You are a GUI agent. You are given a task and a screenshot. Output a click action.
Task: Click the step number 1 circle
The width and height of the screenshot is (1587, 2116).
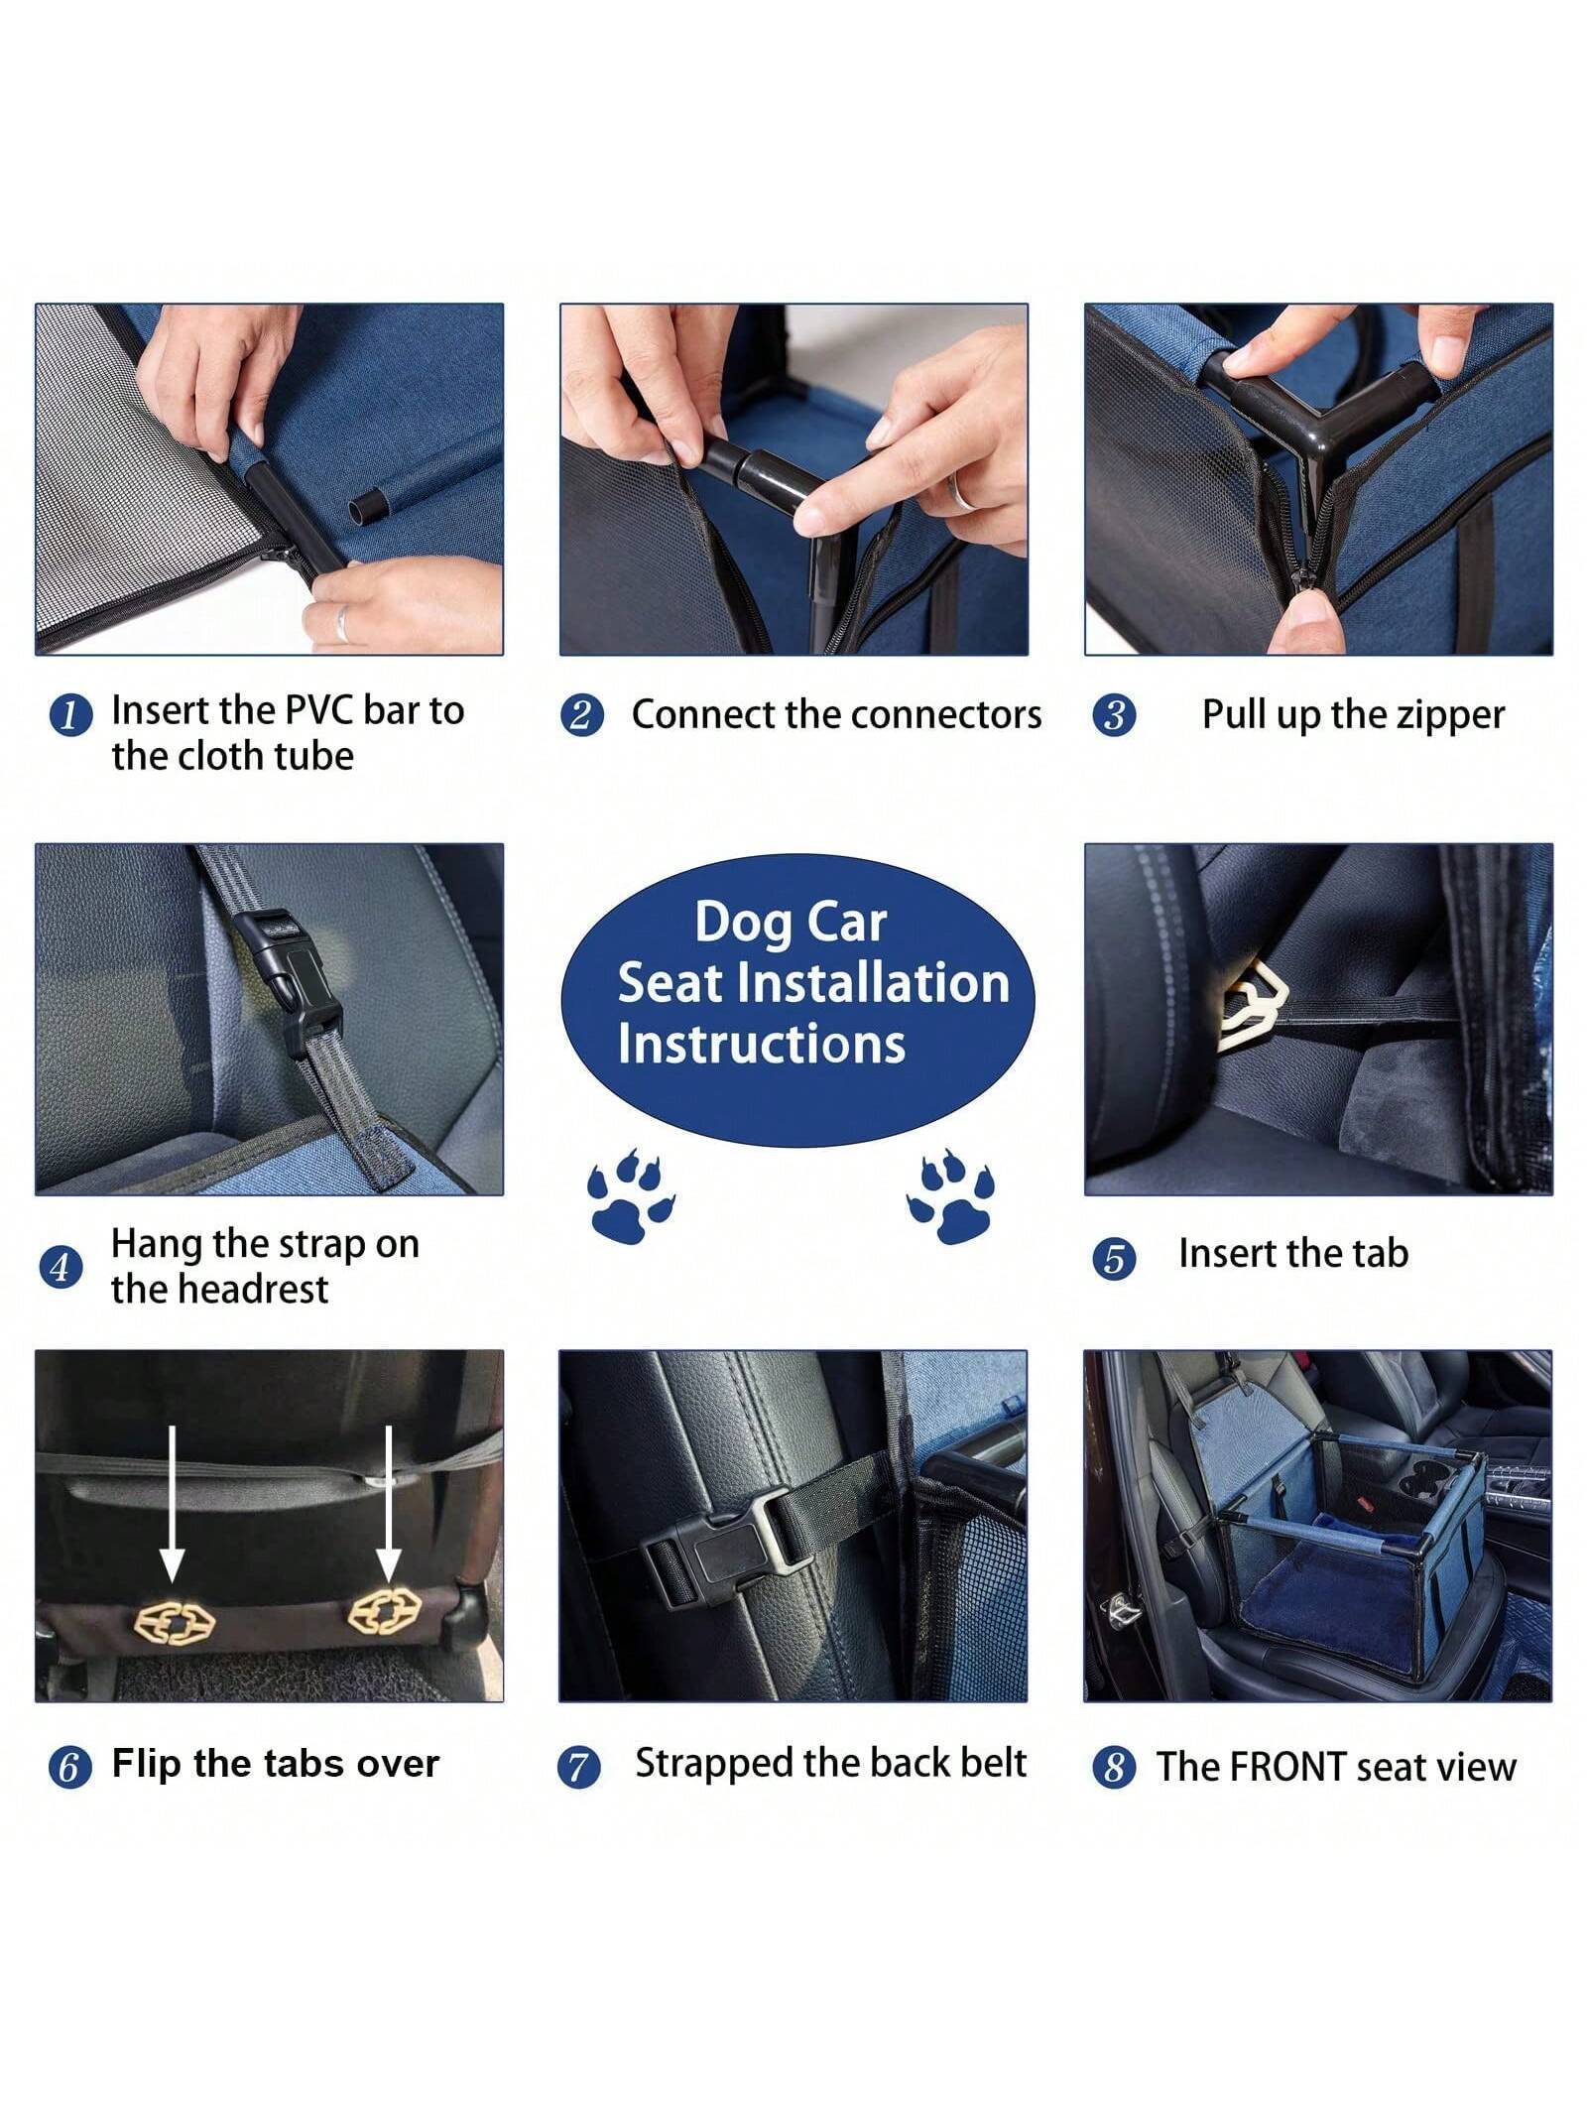pyautogui.click(x=69, y=715)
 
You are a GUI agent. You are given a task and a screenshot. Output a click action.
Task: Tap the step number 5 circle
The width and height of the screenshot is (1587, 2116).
pyautogui.click(x=1113, y=1258)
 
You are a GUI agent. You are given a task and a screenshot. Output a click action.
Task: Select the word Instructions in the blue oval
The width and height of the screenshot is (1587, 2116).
pyautogui.click(x=761, y=1044)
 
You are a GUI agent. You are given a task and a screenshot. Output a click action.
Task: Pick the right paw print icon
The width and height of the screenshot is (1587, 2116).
pyautogui.click(x=952, y=1195)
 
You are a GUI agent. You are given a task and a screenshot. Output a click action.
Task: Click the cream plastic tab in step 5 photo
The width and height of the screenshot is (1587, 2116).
pyautogui.click(x=1252, y=1004)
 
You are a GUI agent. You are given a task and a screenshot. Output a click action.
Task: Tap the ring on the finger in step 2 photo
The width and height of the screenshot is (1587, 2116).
pyautogui.click(x=959, y=491)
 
